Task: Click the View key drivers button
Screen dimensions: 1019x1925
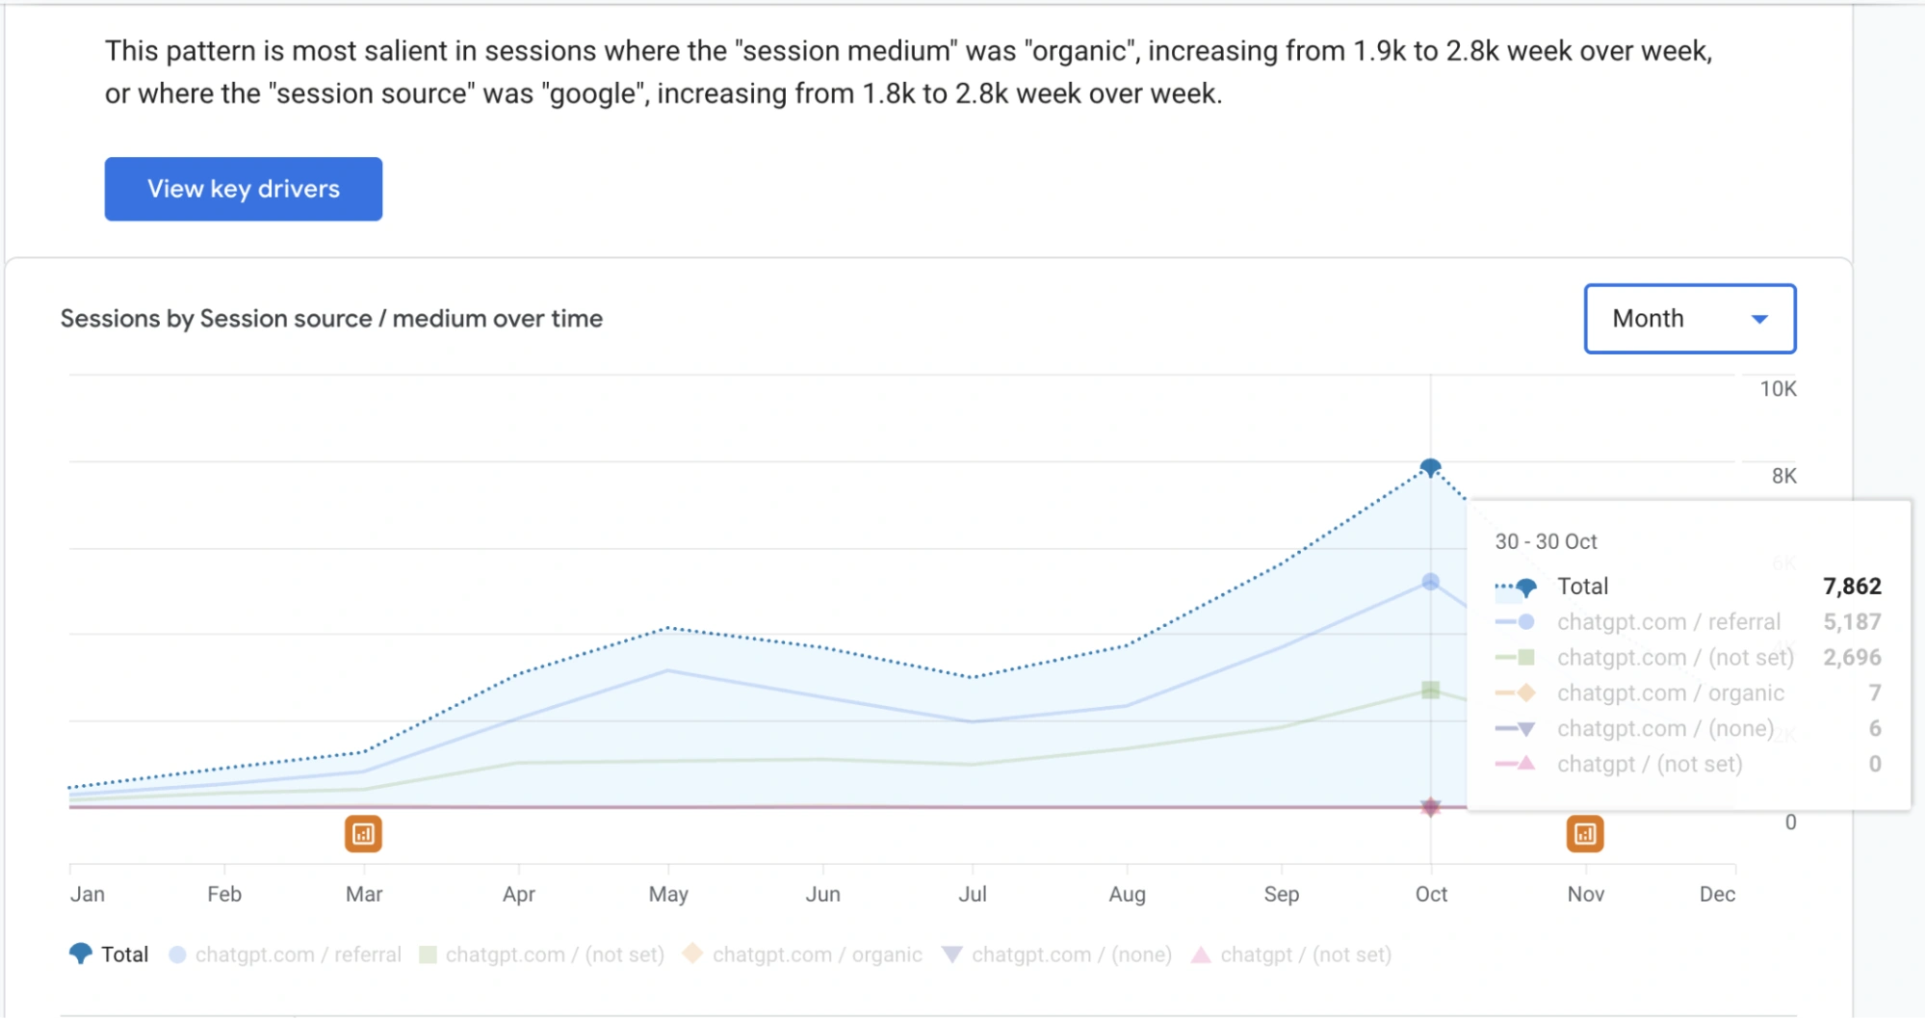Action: (x=243, y=189)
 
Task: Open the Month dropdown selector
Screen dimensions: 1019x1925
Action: (x=1689, y=319)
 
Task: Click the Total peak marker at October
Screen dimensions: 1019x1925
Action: (x=1430, y=468)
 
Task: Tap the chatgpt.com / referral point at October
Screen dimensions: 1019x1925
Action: (x=1430, y=582)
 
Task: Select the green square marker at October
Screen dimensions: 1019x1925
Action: (x=1430, y=690)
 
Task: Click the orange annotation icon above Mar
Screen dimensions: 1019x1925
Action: (x=363, y=834)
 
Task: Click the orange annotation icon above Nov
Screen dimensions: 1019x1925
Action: (x=1584, y=834)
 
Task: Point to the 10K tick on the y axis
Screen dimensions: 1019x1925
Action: (x=1778, y=389)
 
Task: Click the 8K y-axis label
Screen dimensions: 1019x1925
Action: (x=1783, y=476)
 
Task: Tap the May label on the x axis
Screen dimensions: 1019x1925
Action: (x=668, y=895)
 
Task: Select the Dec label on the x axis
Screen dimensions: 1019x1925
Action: (x=1717, y=895)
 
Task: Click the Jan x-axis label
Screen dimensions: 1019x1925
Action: (x=88, y=895)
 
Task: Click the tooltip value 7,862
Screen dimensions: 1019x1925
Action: (x=1851, y=587)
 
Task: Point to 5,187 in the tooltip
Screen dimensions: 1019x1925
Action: (x=1851, y=622)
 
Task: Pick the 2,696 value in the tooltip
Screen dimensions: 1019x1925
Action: (x=1851, y=658)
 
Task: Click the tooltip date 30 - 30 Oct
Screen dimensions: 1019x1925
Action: (x=1546, y=542)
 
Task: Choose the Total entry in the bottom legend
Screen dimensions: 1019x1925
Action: (x=110, y=954)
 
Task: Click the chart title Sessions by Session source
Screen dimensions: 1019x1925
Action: (x=331, y=319)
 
